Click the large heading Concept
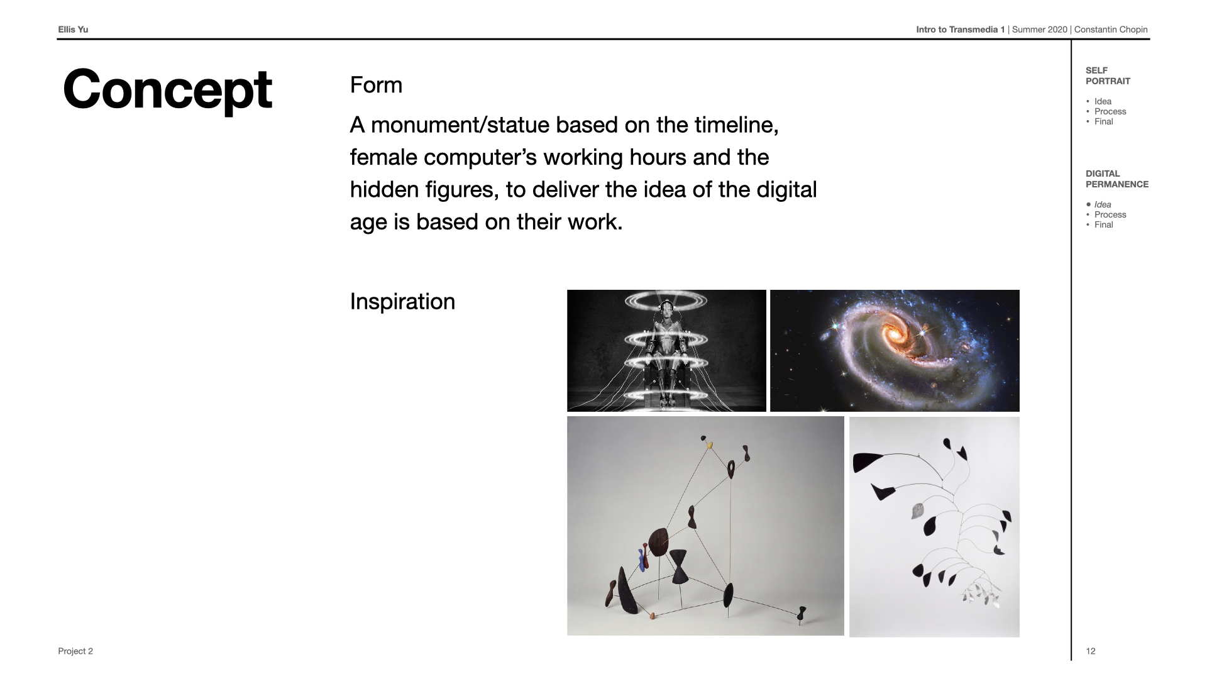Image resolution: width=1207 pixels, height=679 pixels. (x=167, y=90)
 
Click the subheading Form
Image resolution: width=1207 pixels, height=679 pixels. (x=376, y=85)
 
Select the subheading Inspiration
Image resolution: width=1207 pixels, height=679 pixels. (x=402, y=302)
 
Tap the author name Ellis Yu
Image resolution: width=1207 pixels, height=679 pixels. (x=73, y=30)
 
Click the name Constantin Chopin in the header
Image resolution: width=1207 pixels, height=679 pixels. (x=1111, y=30)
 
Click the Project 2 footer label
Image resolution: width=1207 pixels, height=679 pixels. (x=75, y=651)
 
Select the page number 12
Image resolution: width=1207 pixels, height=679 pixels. (x=1091, y=651)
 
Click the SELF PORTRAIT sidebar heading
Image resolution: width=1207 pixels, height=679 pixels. (x=1108, y=76)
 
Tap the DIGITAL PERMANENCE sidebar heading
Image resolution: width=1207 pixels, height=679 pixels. (x=1117, y=179)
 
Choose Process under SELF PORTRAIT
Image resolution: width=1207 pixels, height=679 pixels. (x=1110, y=111)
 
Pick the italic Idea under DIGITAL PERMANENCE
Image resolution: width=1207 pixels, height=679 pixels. (x=1103, y=204)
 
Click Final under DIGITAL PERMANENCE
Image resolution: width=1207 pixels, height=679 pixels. (x=1103, y=224)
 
